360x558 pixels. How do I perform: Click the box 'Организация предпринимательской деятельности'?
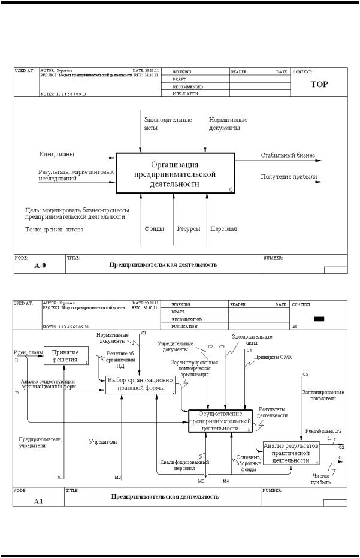pos(175,174)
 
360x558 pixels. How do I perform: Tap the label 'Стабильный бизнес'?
pos(288,155)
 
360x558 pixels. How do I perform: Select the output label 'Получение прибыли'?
pos(289,176)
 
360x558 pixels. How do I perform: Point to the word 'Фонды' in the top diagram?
pos(154,228)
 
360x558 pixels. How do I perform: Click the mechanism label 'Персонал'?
pos(223,228)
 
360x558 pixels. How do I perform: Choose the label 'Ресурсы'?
pos(188,228)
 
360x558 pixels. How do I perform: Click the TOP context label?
pos(319,84)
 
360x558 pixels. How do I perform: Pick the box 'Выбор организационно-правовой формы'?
pos(141,385)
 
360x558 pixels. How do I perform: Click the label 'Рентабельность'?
pos(323,430)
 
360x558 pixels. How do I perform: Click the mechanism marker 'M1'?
pos(60,478)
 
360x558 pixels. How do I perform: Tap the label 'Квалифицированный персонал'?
pos(184,465)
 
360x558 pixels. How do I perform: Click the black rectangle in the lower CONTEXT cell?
pos(319,319)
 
